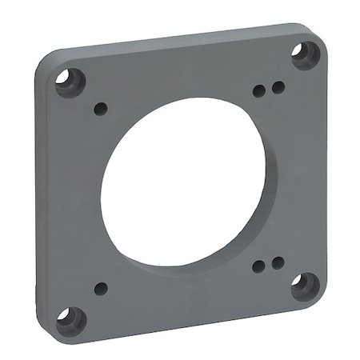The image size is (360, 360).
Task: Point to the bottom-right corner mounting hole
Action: point(305,285)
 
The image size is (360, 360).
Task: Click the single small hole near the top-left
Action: point(101,108)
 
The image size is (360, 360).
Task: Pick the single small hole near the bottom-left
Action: point(101,288)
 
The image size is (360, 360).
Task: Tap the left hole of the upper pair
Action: point(258,90)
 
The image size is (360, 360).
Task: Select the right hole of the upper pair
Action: point(277,86)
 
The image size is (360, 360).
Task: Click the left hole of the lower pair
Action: point(258,267)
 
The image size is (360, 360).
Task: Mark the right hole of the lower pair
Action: point(277,262)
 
